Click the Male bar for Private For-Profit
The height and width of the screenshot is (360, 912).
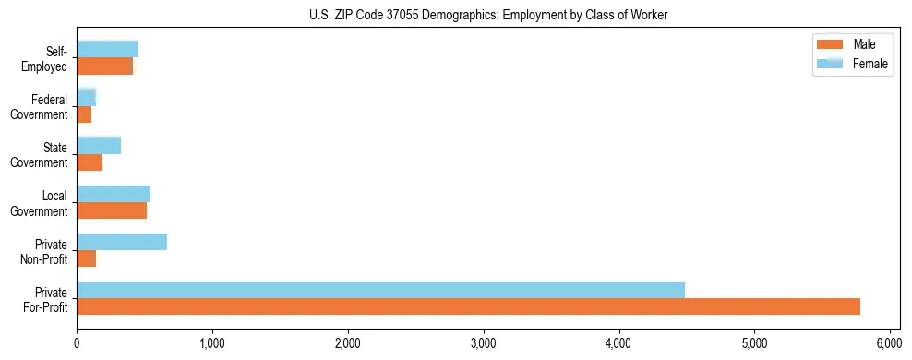pos(468,306)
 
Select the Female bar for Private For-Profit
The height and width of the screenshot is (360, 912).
pos(380,290)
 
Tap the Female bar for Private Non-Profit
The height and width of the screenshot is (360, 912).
pos(122,242)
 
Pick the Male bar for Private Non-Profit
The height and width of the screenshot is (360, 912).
pos(87,258)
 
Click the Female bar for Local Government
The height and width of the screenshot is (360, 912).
pos(114,194)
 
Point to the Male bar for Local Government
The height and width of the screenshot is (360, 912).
pos(112,210)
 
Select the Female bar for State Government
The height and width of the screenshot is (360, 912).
pos(99,146)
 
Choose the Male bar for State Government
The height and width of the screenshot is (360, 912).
pos(90,162)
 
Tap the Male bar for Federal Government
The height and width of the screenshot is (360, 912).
pos(84,114)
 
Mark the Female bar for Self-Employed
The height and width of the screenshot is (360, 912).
pos(107,49)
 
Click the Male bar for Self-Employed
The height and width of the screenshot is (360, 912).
pos(104,66)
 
